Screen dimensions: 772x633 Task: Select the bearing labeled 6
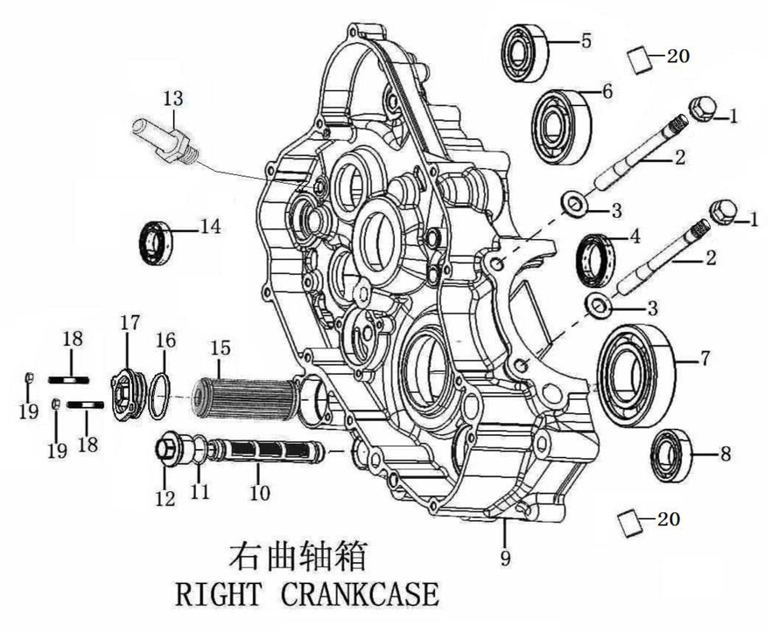click(x=561, y=126)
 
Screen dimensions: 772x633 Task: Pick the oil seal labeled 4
click(x=596, y=261)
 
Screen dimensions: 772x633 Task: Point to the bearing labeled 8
click(x=672, y=454)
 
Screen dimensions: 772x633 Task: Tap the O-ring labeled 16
click(x=159, y=396)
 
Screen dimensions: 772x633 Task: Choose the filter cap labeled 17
click(x=127, y=396)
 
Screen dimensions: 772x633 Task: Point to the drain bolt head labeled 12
click(x=166, y=448)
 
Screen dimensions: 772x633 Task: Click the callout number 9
click(x=505, y=557)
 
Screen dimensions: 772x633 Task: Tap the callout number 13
click(x=172, y=99)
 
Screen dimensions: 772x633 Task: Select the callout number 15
click(x=221, y=348)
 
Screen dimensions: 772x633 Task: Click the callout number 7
click(x=705, y=357)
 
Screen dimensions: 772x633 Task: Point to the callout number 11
click(x=200, y=491)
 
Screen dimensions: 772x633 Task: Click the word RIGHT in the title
click(x=218, y=594)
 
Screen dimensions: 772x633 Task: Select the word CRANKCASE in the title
click(x=360, y=594)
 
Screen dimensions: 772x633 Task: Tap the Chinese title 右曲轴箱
click(x=298, y=556)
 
